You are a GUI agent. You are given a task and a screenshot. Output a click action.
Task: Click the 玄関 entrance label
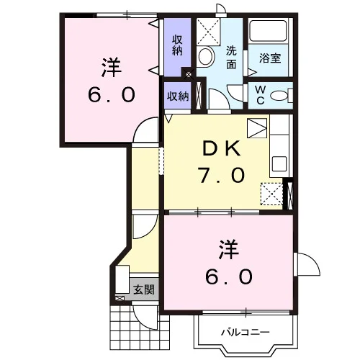pos(144,289)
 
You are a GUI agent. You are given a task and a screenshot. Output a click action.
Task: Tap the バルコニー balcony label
pos(246,333)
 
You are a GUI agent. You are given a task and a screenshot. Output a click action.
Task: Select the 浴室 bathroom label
pos(270,58)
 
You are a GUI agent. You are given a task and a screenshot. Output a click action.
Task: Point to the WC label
pos(261,95)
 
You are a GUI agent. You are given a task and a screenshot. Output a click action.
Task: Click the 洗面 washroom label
pos(231,58)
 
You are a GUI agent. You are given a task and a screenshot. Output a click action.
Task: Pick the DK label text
pos(221,148)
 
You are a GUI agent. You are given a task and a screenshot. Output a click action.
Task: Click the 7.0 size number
pos(221,175)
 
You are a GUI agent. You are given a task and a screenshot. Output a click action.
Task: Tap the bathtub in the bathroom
pos(268,31)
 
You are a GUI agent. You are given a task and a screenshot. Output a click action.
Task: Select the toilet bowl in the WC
pos(279,96)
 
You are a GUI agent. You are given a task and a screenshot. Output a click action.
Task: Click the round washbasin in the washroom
pos(206,57)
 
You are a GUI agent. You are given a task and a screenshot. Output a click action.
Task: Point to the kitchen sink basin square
pos(279,163)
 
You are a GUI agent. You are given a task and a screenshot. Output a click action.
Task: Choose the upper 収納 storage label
pos(177,45)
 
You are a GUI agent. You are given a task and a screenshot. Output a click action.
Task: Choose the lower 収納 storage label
pos(178,96)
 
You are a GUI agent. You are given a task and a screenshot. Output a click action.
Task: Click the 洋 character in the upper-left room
pos(111,67)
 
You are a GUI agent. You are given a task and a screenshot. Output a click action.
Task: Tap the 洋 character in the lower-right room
pos(228,250)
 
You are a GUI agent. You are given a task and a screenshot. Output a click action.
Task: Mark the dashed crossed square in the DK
pos(271,194)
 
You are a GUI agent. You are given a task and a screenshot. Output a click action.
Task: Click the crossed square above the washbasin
pos(208,32)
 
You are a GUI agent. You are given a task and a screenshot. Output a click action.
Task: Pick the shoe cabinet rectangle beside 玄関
pos(122,279)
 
